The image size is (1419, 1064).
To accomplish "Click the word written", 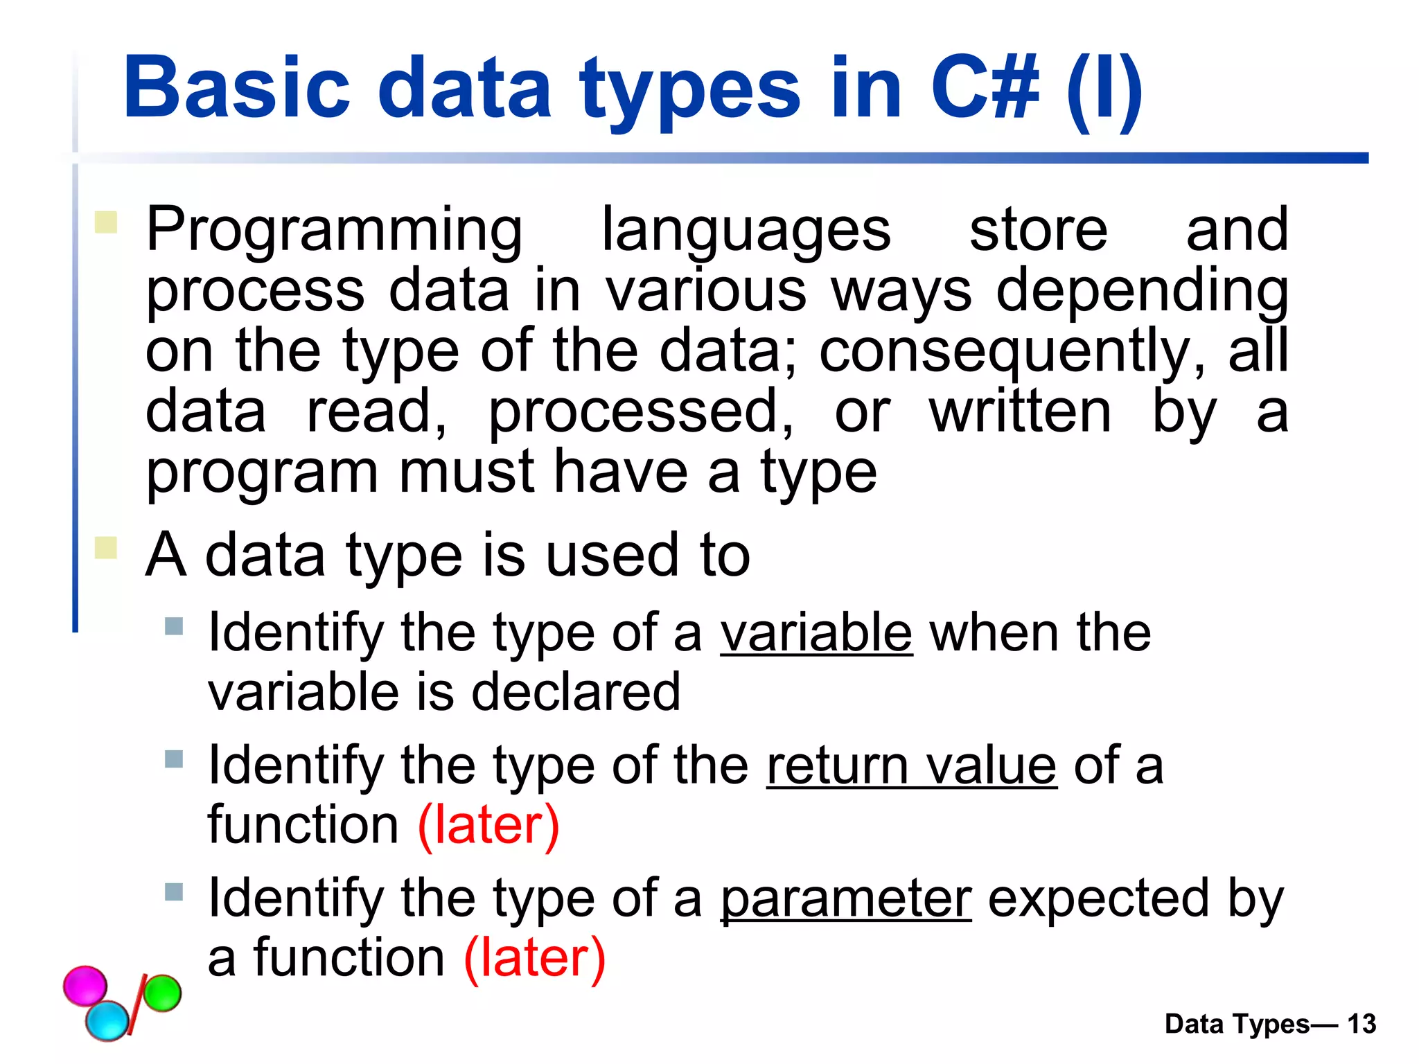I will (1020, 412).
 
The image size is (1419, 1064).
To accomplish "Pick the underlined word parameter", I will (845, 899).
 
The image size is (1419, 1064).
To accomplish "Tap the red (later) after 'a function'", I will (535, 957).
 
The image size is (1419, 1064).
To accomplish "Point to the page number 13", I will (1361, 1024).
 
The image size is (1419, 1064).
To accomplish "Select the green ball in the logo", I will (162, 993).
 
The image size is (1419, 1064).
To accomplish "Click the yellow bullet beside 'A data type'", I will (106, 547).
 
